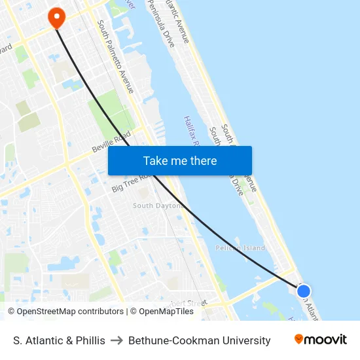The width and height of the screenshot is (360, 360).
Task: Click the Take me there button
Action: (179, 160)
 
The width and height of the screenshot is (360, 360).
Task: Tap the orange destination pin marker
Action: (56, 17)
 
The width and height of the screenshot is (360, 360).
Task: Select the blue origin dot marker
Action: (303, 291)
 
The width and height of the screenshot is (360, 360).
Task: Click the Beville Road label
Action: (111, 144)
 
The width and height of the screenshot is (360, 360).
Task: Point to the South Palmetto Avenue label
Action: (116, 56)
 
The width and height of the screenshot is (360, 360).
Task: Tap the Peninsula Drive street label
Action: (160, 26)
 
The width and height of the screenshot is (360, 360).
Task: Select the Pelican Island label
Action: (240, 248)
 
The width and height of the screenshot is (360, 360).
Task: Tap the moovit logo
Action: (320, 340)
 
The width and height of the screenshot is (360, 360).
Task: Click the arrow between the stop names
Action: (117, 340)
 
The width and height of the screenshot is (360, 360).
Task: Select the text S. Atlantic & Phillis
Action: (59, 340)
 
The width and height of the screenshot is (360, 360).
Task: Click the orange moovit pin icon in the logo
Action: (299, 339)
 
